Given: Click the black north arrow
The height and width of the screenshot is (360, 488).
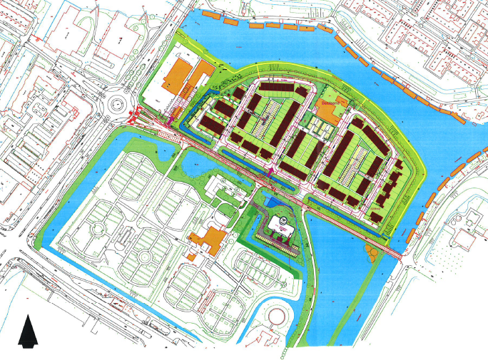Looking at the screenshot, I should (27, 331).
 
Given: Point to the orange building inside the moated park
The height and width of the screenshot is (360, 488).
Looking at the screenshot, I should (206, 240).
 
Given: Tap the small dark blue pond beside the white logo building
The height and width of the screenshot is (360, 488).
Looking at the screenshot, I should (273, 203).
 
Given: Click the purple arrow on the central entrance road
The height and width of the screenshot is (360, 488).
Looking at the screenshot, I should (270, 171).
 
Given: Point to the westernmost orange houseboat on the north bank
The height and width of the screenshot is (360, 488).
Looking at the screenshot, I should (209, 14).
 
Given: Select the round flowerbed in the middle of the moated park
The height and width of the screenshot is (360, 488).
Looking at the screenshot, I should (145, 254).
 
